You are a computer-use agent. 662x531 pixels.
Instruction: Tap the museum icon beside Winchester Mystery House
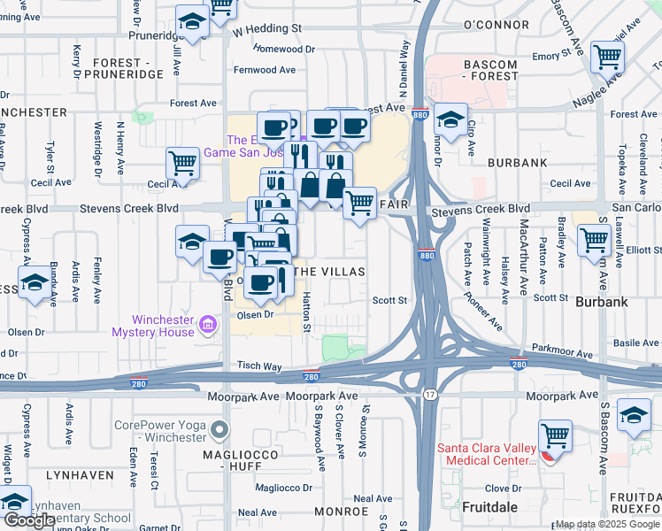[208, 326]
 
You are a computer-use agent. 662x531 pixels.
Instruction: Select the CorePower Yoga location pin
[220, 431]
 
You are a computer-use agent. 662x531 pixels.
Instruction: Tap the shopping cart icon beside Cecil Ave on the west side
[182, 163]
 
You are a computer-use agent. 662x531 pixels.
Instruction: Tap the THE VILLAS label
[329, 272]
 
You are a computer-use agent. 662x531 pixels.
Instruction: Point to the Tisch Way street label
[258, 366]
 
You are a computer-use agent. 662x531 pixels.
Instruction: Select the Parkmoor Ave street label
[560, 351]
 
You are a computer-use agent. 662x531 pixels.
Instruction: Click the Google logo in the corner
[29, 520]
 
